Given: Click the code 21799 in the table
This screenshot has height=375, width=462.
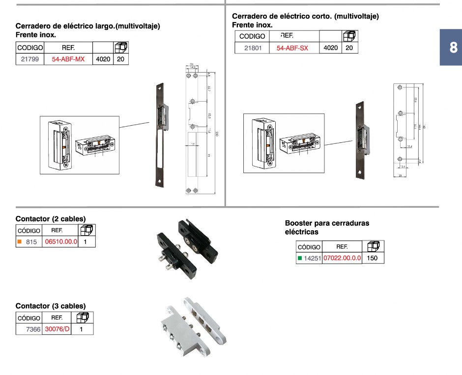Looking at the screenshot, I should click(x=30, y=59).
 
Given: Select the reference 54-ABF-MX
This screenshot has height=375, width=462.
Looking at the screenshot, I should click(x=68, y=59).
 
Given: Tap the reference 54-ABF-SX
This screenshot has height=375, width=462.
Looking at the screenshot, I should click(x=292, y=48).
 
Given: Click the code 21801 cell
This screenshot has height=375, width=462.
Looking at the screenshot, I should click(x=253, y=48).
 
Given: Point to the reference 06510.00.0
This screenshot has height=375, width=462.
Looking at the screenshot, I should click(x=61, y=241).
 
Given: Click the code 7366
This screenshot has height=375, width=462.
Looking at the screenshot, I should click(x=33, y=329).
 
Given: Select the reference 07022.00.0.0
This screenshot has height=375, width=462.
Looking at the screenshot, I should click(x=342, y=258).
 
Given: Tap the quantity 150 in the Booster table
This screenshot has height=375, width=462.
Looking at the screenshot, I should click(x=373, y=258).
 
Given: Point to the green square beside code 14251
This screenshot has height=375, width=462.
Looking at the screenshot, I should click(x=300, y=258).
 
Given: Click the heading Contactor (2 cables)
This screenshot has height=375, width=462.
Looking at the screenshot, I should click(x=51, y=218).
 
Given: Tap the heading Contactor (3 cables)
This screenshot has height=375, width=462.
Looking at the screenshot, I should click(x=51, y=306).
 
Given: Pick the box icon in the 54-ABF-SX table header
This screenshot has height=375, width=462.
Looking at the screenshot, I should click(x=350, y=36).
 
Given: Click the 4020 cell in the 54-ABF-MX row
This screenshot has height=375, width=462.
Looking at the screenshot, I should click(x=103, y=59).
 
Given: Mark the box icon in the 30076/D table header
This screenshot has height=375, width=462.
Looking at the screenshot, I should click(x=82, y=318).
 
